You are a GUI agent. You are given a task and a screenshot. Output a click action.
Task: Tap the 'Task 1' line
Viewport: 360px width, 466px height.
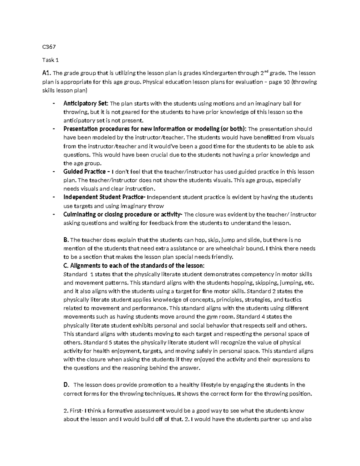click(50, 60)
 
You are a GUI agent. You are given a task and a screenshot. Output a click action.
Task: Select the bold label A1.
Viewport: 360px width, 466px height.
click(47, 73)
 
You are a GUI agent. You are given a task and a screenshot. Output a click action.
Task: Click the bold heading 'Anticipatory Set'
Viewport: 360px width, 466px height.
click(86, 104)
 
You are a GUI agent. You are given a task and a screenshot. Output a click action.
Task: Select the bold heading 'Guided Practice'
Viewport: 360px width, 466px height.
click(84, 172)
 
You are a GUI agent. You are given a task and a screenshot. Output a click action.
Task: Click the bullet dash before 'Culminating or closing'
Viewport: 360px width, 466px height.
click(53, 215)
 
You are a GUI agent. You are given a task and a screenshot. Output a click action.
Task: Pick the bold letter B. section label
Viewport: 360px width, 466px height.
click(66, 240)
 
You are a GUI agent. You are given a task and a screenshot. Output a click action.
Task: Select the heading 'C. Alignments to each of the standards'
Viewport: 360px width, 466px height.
click(134, 266)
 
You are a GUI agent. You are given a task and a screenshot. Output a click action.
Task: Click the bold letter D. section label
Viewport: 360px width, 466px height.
click(66, 385)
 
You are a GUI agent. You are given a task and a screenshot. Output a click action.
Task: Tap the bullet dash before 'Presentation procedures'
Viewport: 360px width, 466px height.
click(53, 129)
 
